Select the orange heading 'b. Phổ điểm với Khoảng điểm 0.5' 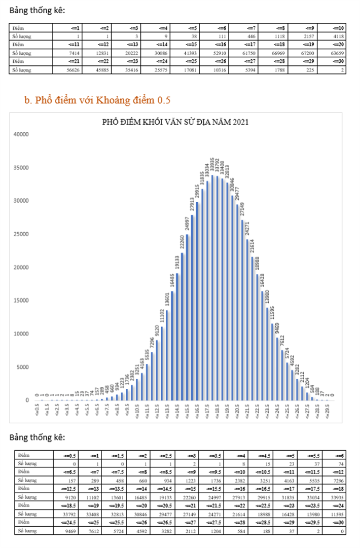tap(97, 100)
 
